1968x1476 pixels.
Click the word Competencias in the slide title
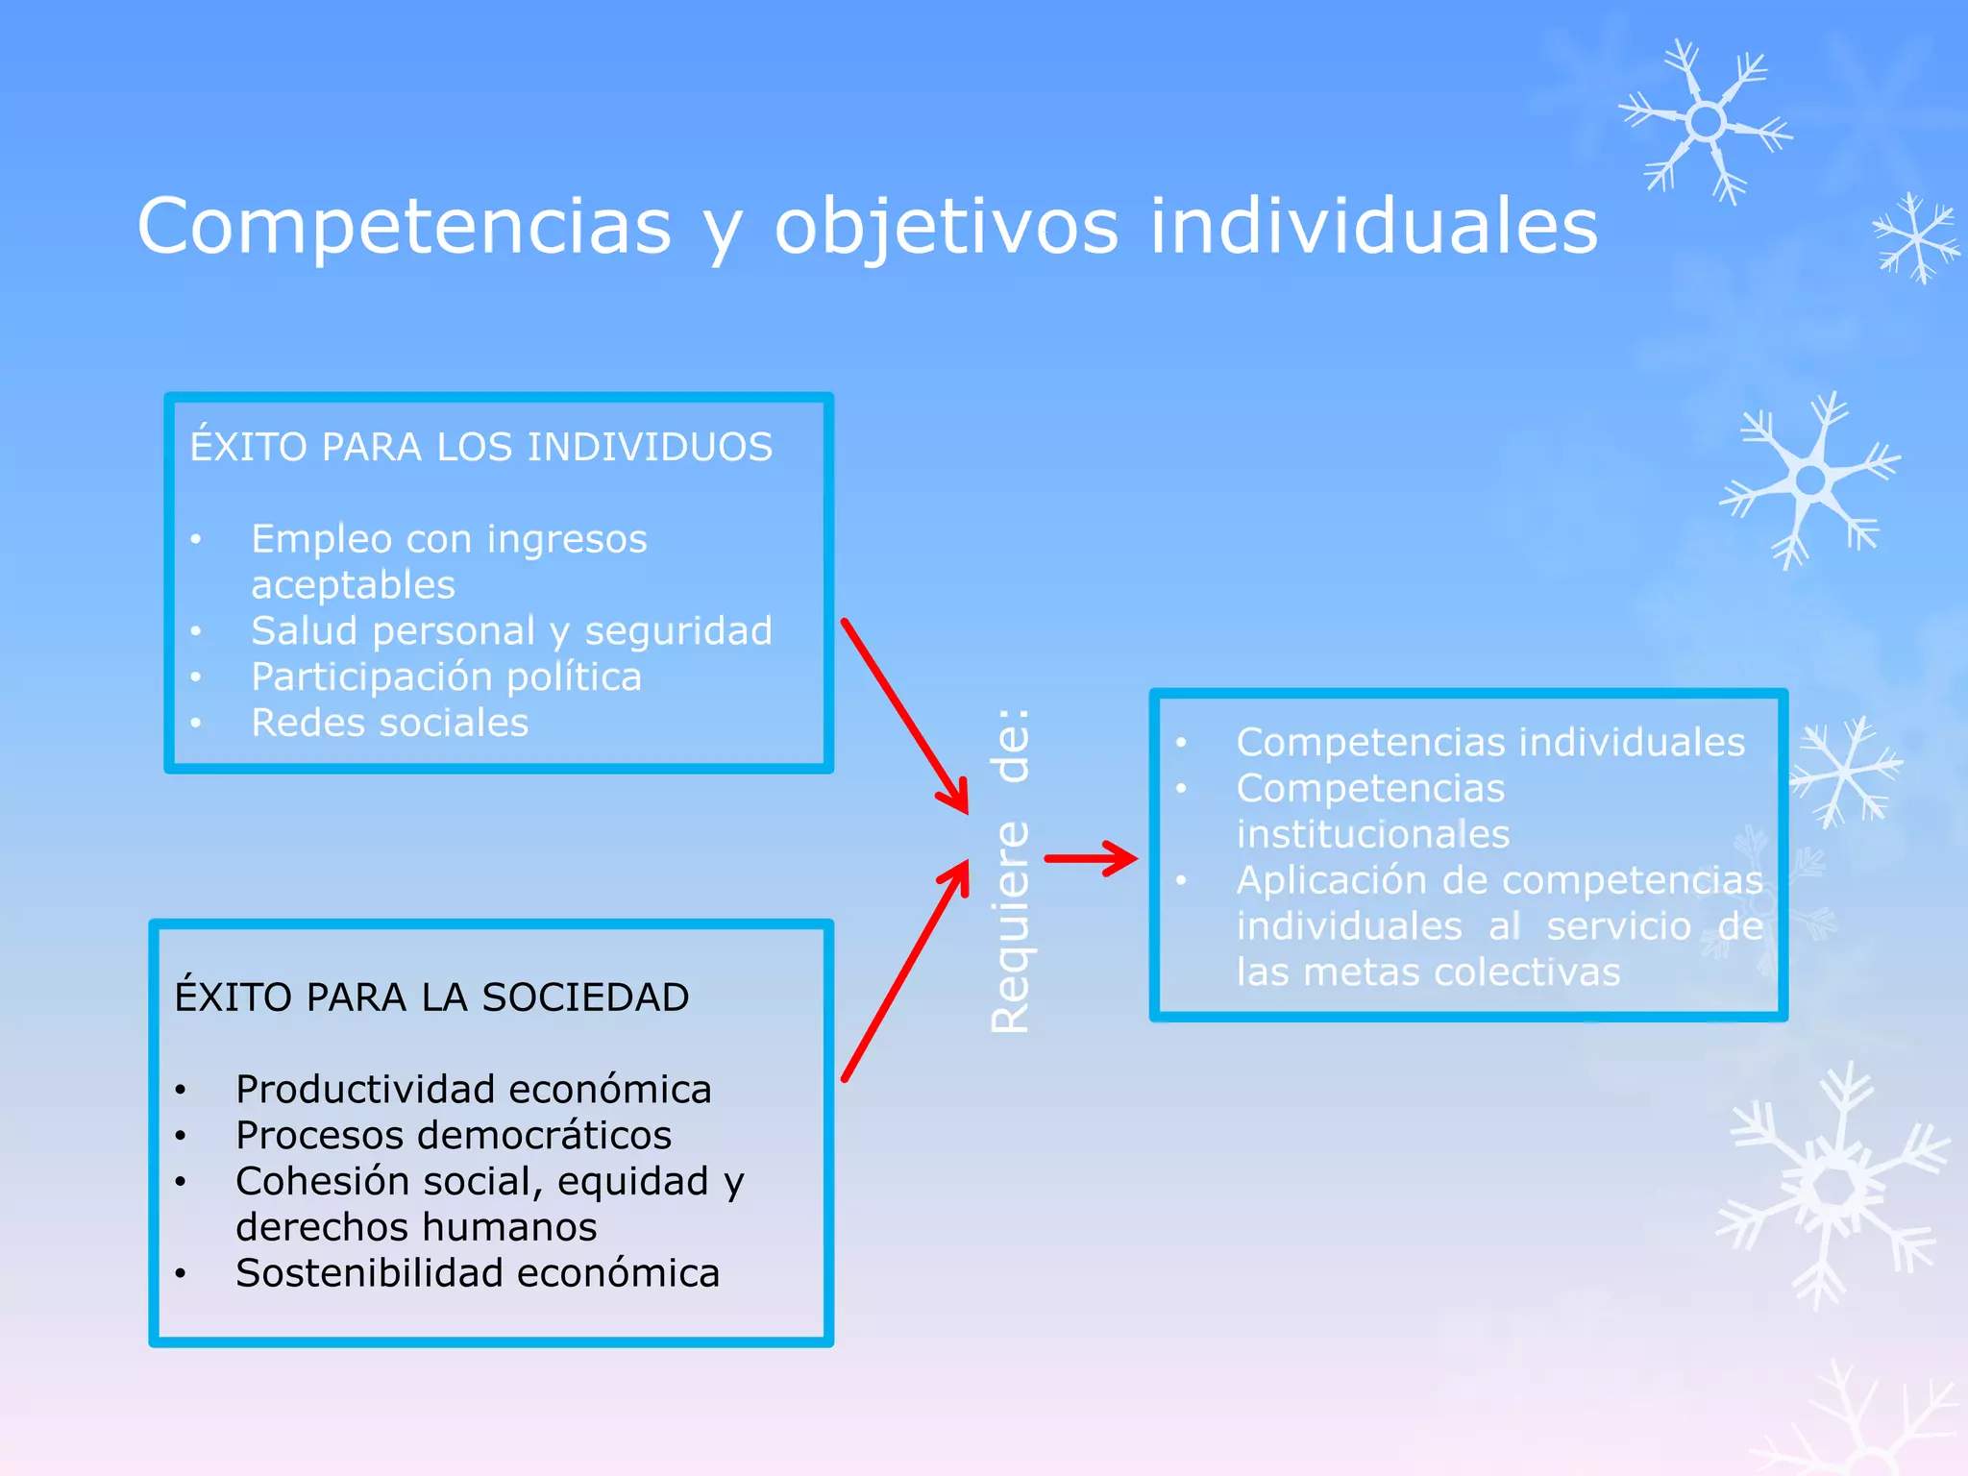point(404,227)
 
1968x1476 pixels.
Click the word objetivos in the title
point(947,227)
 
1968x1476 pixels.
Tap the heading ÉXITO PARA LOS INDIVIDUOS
point(480,448)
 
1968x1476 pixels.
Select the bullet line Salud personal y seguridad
point(511,631)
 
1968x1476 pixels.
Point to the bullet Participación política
point(446,677)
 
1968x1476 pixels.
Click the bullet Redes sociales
point(389,724)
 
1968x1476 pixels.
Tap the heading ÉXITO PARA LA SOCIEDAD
point(431,997)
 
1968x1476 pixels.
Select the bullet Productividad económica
point(473,1090)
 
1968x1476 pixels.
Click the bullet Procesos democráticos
point(453,1136)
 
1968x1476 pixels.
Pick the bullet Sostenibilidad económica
point(477,1273)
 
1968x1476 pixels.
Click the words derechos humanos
point(415,1227)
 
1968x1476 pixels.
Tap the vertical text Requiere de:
point(1011,871)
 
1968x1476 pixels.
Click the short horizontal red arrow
point(1090,858)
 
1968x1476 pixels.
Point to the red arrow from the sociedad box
point(905,971)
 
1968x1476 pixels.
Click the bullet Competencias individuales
point(1489,743)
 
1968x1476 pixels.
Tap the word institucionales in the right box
point(1372,834)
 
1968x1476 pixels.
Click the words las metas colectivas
point(1427,972)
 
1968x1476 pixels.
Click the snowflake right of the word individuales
point(1706,122)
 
